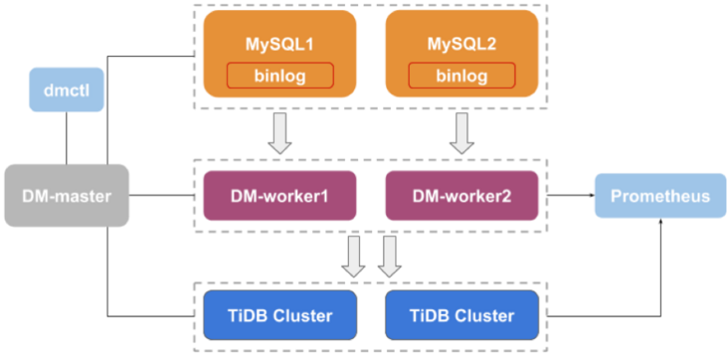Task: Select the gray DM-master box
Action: (67, 196)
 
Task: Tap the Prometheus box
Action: (660, 196)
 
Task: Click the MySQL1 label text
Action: (278, 45)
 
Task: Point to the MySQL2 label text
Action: (461, 45)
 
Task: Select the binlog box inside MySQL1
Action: (279, 76)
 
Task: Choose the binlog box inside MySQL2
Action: (461, 76)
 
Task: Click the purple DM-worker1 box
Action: (279, 195)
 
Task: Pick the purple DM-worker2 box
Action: (461, 195)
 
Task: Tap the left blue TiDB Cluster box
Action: (279, 316)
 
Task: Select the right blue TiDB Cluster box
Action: (461, 316)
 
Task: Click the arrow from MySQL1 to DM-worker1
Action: (279, 133)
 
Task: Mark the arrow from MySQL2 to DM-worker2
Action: (461, 133)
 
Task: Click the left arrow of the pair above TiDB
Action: (353, 257)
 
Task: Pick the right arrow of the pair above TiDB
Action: (389, 257)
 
